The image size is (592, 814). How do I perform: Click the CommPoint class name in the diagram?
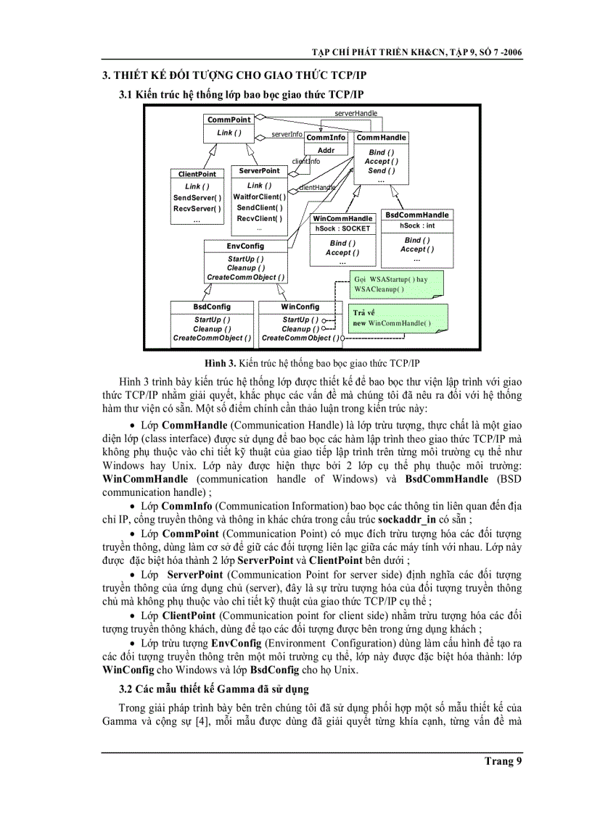point(229,120)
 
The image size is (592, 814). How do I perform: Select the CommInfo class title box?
point(326,138)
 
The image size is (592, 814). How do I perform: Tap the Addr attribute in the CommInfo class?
point(326,151)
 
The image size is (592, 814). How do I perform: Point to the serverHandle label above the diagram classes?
point(355,114)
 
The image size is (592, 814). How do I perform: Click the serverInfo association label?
point(287,134)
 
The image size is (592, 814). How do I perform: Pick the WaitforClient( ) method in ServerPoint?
point(259,196)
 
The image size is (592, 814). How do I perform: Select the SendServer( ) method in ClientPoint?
point(197,198)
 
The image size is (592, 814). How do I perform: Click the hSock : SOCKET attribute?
point(342,228)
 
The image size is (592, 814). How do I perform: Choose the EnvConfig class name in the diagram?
point(245,246)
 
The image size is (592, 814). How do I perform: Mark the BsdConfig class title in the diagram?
point(212,307)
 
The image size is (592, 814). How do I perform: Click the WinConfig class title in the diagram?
point(300,307)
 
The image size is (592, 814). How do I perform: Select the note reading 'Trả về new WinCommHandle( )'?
point(398,318)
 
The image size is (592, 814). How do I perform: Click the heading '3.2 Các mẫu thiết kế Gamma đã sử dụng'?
point(214,689)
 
